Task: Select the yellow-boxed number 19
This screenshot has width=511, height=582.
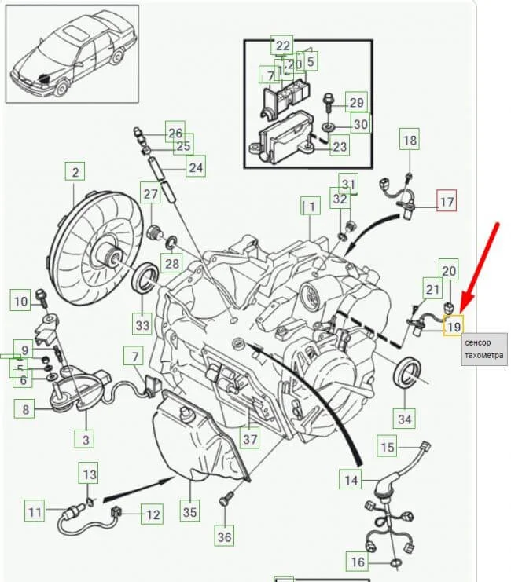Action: coord(454,324)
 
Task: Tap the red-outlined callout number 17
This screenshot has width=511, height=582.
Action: coord(446,202)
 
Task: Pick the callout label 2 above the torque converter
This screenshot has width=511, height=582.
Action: coord(75,172)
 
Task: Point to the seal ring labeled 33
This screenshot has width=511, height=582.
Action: coord(142,280)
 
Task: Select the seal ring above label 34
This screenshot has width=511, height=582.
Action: coord(406,371)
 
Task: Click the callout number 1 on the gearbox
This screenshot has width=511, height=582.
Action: coord(311,207)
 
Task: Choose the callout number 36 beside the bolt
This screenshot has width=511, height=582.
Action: coord(225,536)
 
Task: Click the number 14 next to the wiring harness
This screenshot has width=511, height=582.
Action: coord(351,478)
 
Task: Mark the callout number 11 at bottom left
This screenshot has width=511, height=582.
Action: coord(35,513)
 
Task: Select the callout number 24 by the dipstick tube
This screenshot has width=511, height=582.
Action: coord(195,167)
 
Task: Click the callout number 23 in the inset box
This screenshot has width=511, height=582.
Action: coord(340,146)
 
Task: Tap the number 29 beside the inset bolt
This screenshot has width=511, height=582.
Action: coord(357,103)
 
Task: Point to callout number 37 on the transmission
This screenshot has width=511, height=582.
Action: coord(249,438)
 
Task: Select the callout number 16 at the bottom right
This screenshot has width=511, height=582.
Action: coord(357,562)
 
